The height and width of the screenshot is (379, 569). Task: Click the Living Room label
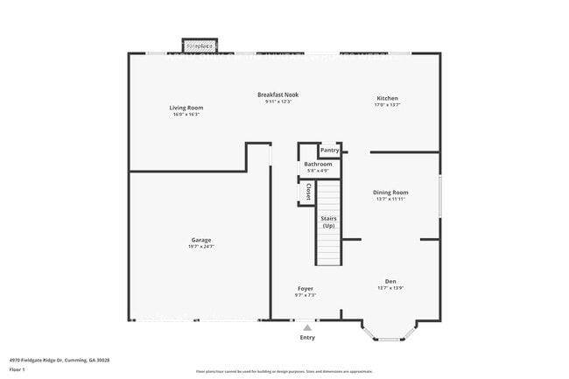point(186,108)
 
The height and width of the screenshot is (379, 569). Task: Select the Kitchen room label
point(387,98)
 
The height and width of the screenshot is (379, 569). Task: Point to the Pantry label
point(329,150)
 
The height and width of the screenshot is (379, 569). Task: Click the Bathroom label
point(318,164)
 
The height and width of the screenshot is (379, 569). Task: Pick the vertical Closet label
point(308,192)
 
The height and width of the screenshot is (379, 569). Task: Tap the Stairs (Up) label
point(328,221)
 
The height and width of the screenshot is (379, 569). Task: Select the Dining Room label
point(391,193)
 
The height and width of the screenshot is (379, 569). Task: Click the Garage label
point(201,240)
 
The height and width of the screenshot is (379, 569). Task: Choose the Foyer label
point(305,288)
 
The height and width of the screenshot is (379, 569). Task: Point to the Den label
point(390,281)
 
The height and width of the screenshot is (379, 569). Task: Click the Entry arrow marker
point(306,327)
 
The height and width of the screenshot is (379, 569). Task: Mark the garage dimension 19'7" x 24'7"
point(201,247)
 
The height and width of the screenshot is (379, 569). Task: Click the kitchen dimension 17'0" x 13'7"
point(387,105)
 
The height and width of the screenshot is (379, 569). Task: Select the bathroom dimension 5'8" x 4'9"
point(318,171)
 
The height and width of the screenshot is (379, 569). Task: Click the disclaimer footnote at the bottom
point(284,372)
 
